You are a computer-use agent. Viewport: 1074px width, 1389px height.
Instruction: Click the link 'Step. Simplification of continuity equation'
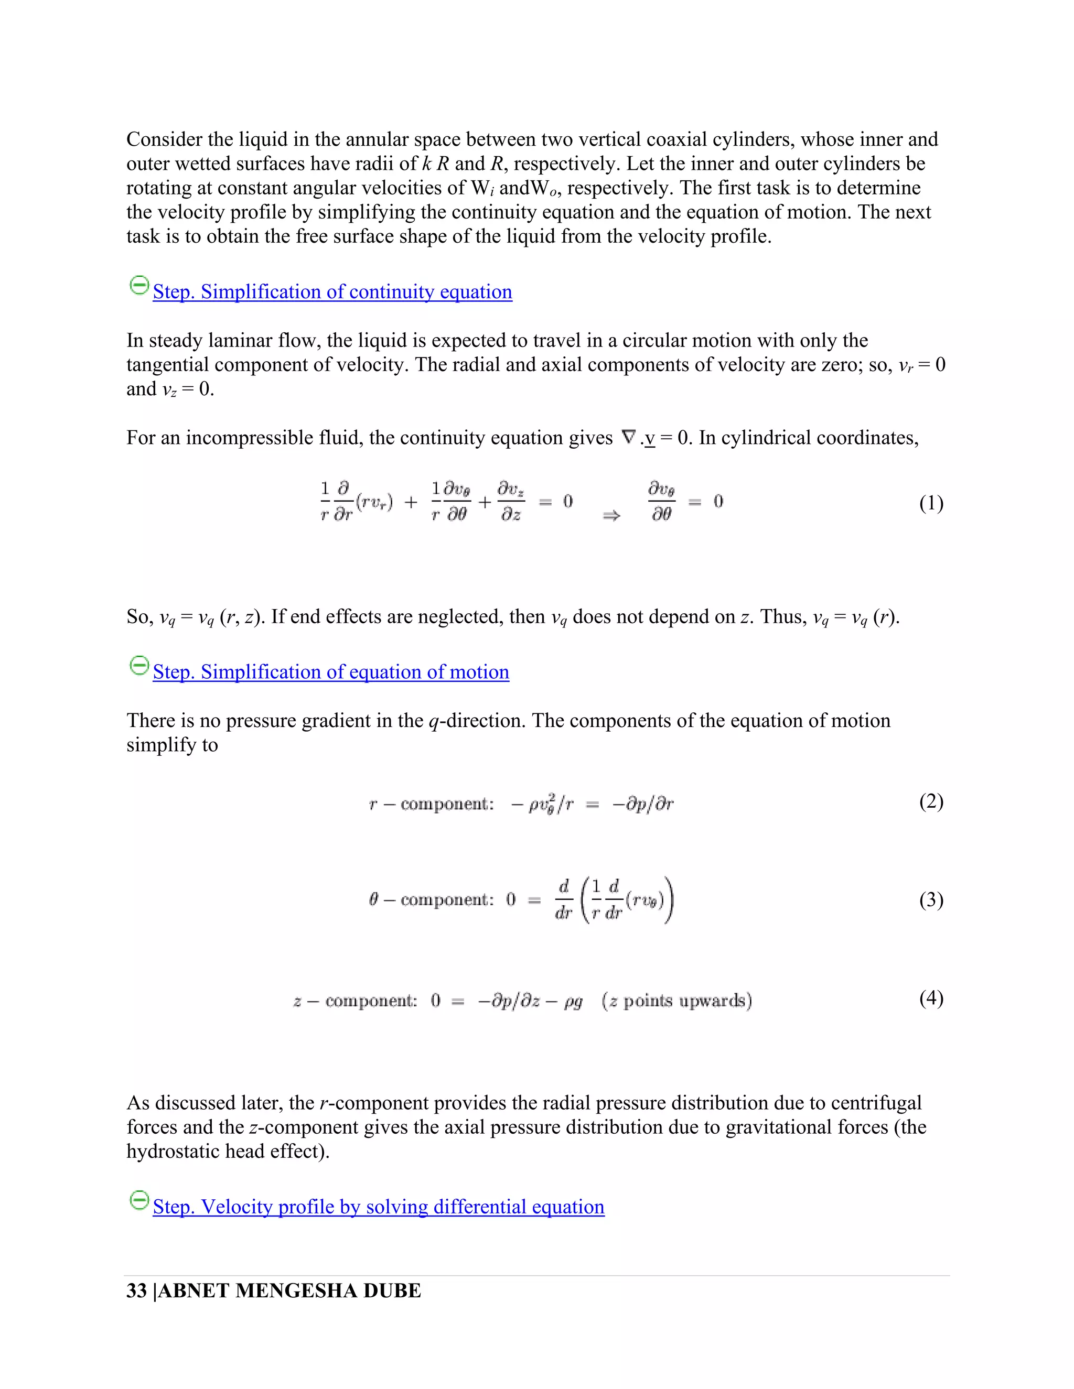(332, 292)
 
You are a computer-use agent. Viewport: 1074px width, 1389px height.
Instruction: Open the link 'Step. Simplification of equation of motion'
(331, 672)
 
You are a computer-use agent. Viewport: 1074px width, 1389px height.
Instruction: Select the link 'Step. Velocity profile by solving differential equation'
(379, 1207)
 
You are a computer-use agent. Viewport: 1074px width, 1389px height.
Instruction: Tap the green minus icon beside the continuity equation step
(138, 285)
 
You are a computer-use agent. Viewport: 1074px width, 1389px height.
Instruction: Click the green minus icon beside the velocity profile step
(138, 1200)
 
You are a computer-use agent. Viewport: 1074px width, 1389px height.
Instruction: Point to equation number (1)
(931, 504)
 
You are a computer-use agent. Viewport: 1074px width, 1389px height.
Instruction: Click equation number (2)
(931, 801)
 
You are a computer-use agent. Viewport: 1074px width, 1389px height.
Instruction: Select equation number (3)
(931, 900)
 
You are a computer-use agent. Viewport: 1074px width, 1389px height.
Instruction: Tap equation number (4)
(931, 999)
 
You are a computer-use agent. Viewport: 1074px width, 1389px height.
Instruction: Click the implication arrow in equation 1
(611, 517)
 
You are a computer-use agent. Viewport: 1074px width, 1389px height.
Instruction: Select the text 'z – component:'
(355, 1001)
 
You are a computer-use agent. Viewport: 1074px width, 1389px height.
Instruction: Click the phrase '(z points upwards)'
(677, 1001)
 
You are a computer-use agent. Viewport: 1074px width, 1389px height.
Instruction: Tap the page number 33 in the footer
(136, 1291)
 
